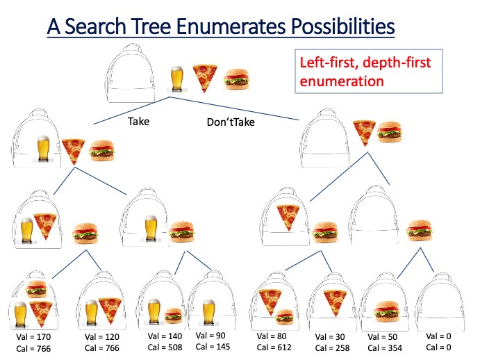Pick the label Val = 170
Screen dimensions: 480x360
point(33,337)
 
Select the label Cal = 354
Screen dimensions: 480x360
point(383,347)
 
